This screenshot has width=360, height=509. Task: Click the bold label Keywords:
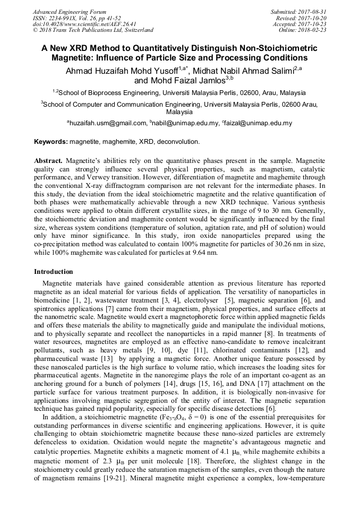(x=51, y=142)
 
